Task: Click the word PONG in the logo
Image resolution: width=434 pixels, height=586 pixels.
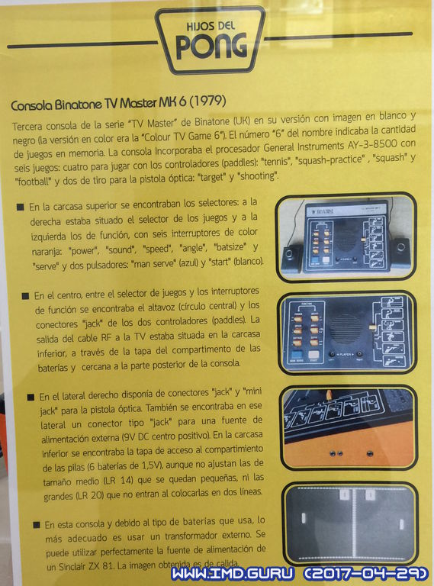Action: pyautogui.click(x=211, y=47)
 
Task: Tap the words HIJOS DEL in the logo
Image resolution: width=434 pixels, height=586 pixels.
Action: pyautogui.click(x=211, y=26)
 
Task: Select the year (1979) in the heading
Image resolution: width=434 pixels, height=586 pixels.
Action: pyautogui.click(x=207, y=101)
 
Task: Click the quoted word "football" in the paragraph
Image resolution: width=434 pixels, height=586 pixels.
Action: pyautogui.click(x=32, y=182)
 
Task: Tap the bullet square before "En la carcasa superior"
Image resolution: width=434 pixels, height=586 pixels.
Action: pyautogui.click(x=21, y=207)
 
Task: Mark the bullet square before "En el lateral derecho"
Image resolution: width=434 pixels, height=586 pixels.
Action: pyautogui.click(x=31, y=397)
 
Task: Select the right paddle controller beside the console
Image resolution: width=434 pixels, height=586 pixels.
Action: pyautogui.click(x=400, y=252)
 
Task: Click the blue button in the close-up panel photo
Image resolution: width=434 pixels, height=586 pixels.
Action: pyautogui.click(x=297, y=356)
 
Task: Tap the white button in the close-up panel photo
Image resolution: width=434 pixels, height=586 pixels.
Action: pyautogui.click(x=314, y=356)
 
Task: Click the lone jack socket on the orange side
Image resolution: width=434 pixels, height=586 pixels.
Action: pyautogui.click(x=370, y=454)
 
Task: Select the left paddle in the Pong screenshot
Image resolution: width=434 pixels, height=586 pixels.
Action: pyautogui.click(x=304, y=518)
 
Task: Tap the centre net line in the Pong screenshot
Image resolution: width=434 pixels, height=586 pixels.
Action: pyautogui.click(x=353, y=523)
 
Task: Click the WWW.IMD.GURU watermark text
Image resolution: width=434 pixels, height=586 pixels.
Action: pyautogui.click(x=233, y=574)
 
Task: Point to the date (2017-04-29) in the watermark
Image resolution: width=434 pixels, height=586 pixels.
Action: pyautogui.click(x=366, y=574)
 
